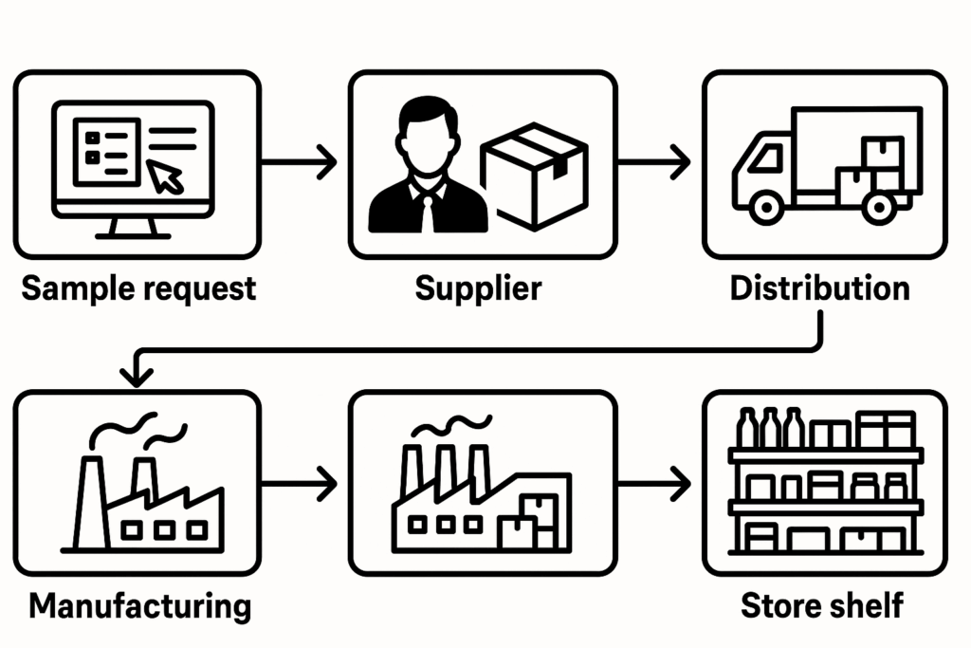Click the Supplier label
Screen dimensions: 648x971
click(479, 288)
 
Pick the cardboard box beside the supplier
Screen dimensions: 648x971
click(534, 179)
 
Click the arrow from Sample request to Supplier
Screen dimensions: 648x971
click(299, 161)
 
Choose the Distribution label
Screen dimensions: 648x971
click(820, 288)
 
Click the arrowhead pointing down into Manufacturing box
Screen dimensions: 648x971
click(138, 376)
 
